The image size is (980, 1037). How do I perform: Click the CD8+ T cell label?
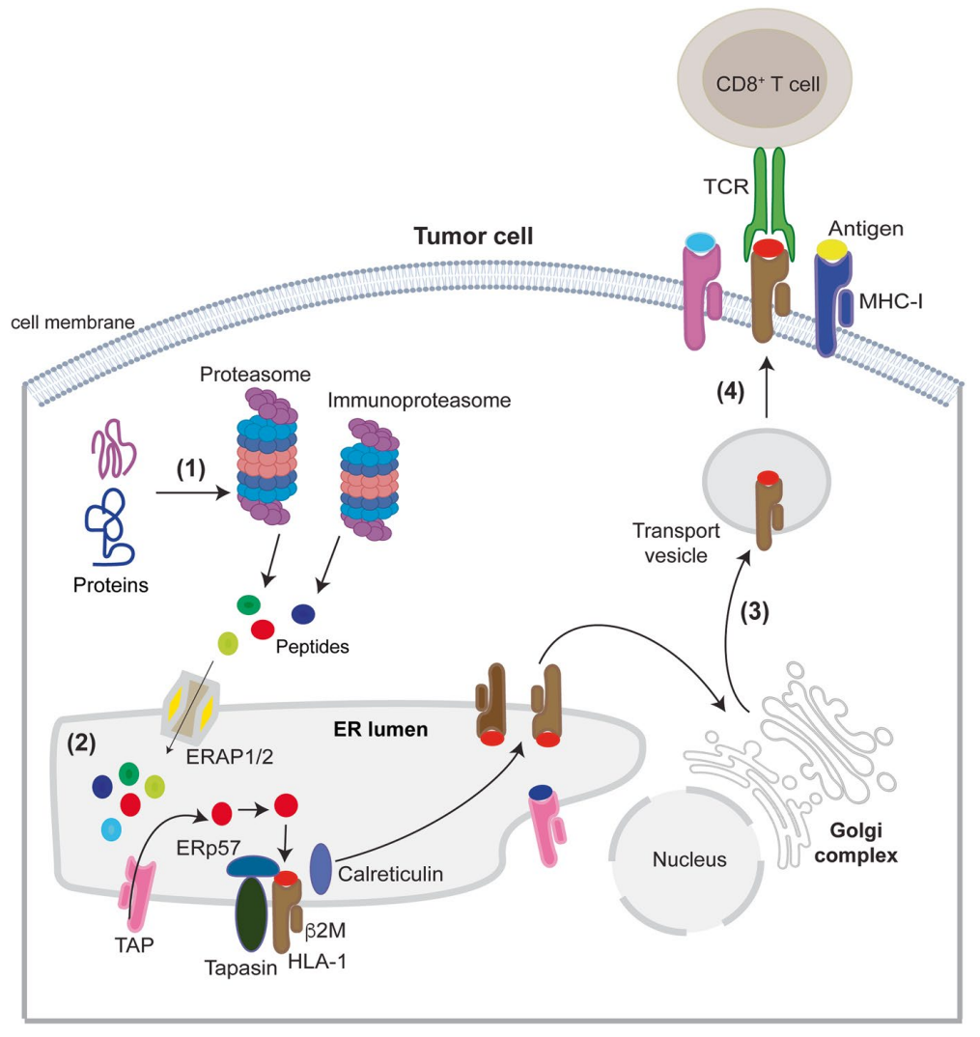(768, 84)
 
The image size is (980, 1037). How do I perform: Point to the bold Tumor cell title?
(472, 235)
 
